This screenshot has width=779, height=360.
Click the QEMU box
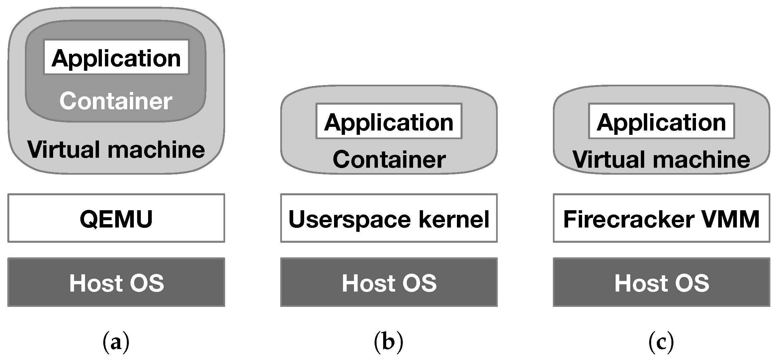pyautogui.click(x=116, y=218)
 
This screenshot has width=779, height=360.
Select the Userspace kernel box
pyautogui.click(x=389, y=218)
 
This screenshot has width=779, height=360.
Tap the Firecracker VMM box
pyautogui.click(x=661, y=218)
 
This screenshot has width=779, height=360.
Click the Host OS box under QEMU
pyautogui.click(x=116, y=282)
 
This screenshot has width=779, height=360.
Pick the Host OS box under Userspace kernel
pyautogui.click(x=389, y=282)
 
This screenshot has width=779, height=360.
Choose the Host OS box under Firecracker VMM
pyautogui.click(x=661, y=282)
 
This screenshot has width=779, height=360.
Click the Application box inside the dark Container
pyautogui.click(x=116, y=57)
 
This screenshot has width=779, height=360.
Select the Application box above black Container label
pyautogui.click(x=389, y=121)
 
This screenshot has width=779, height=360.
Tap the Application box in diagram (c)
pyautogui.click(x=661, y=121)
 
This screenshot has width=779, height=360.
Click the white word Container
pyautogui.click(x=116, y=101)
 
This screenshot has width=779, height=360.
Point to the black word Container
pyautogui.click(x=389, y=159)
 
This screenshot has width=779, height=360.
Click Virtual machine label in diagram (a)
pyautogui.click(x=116, y=149)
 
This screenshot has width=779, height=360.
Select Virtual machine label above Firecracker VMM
pyautogui.click(x=661, y=159)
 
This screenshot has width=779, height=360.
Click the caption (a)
pyautogui.click(x=116, y=342)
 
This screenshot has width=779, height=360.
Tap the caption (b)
pyautogui.click(x=389, y=342)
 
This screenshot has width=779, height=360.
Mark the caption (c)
pyautogui.click(x=661, y=342)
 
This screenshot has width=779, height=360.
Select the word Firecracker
pyautogui.click(x=629, y=219)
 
